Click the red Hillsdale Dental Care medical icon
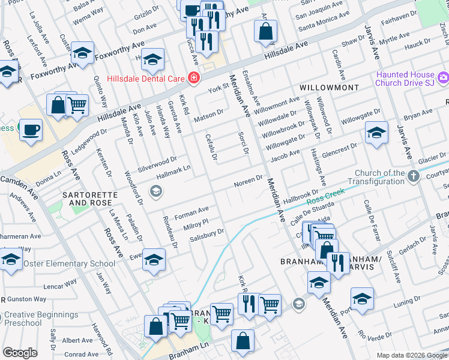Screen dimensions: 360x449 point(193,78)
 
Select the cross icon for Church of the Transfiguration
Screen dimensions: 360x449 point(413,176)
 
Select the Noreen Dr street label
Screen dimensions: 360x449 point(248,180)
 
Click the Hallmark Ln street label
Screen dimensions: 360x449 point(173,172)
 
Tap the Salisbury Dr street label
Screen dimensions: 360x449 point(207,233)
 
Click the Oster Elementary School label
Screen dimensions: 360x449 point(70,263)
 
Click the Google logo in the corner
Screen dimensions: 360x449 point(20,352)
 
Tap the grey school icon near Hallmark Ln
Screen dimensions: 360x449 point(156,191)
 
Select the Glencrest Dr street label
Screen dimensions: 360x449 point(340,149)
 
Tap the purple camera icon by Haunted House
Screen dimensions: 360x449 point(443,77)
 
